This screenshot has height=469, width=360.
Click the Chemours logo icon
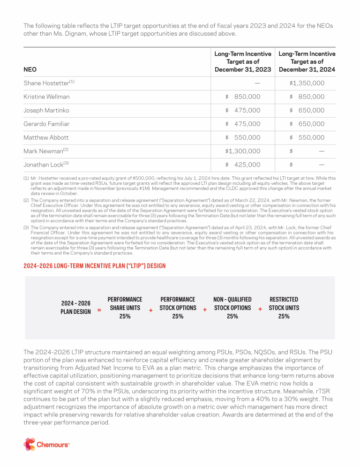(x=30, y=444)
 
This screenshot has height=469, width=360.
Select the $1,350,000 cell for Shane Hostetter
(x=307, y=83)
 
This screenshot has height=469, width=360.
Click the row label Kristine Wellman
(x=46, y=97)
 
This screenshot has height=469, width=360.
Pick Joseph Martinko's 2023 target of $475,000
(x=243, y=110)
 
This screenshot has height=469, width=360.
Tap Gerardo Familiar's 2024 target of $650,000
(x=307, y=124)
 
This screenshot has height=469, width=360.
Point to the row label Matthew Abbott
(x=46, y=137)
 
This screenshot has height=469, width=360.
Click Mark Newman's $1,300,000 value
(x=243, y=151)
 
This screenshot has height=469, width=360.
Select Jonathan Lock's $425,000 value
(x=243, y=165)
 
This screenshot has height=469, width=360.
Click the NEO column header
(x=30, y=69)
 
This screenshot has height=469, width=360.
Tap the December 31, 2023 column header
(x=243, y=62)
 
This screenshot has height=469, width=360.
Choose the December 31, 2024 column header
(x=307, y=62)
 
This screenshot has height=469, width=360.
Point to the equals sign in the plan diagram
(x=99, y=310)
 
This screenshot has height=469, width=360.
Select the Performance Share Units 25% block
(x=125, y=308)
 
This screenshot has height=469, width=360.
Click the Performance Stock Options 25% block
(x=178, y=308)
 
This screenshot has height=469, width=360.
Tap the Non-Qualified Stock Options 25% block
(x=232, y=308)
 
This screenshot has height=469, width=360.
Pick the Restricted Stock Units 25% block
(x=284, y=308)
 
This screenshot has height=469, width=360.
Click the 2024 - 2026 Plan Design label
(x=75, y=308)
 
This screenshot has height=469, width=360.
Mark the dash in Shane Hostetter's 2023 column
(x=257, y=83)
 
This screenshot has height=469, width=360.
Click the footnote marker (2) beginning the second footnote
(x=26, y=200)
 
